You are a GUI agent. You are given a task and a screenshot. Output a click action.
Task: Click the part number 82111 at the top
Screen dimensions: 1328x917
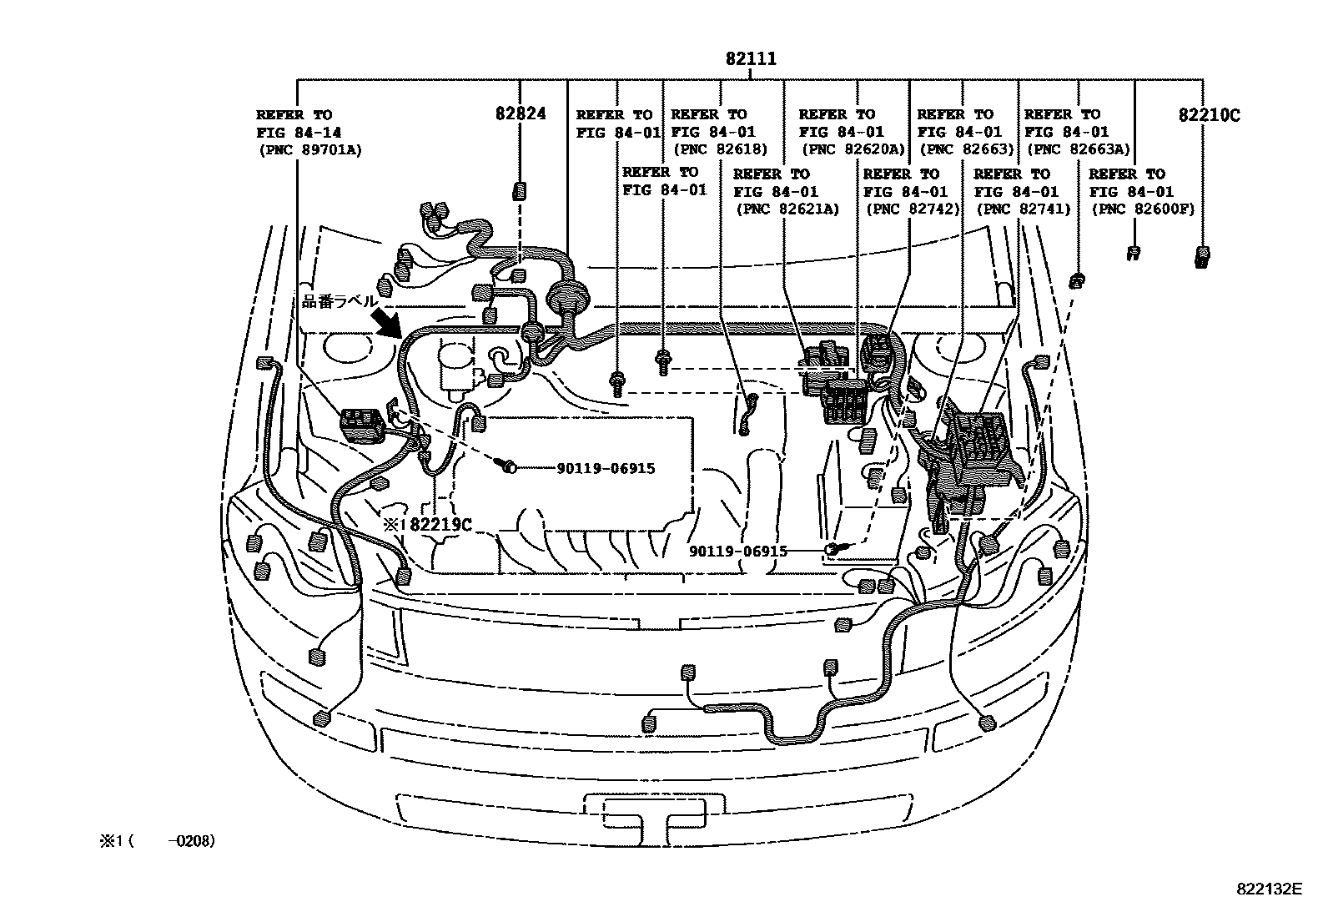[x=751, y=58]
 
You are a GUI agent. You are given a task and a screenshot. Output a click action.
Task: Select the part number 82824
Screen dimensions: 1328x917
[x=521, y=113]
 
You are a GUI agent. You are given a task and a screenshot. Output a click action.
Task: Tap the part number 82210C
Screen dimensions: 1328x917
[x=1209, y=114]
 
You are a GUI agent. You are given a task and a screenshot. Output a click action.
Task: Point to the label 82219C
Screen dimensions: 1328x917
[x=441, y=524]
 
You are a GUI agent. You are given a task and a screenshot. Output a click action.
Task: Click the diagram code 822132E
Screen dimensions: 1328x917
[x=1270, y=889]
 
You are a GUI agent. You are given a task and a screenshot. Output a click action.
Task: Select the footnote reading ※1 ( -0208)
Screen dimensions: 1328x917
[x=157, y=840]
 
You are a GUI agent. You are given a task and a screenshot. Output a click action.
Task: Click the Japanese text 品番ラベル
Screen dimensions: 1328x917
[x=340, y=301]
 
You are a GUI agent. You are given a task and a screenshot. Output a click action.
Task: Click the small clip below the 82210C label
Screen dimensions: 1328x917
[x=1202, y=258]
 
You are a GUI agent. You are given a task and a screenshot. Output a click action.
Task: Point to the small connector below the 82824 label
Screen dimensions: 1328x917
[x=519, y=191]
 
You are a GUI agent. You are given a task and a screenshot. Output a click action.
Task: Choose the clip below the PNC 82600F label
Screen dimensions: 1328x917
[x=1134, y=254]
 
